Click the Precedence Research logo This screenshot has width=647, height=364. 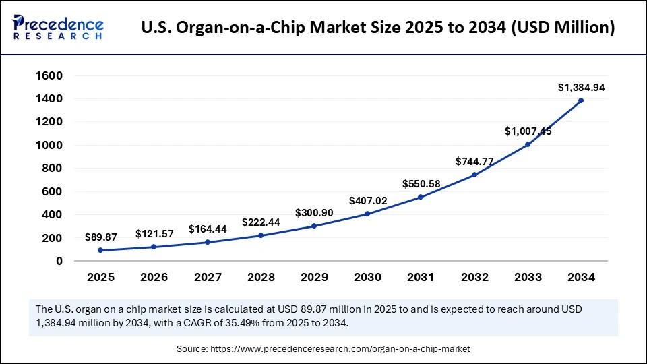57,28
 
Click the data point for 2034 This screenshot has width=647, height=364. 581,100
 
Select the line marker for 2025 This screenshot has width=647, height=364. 100,250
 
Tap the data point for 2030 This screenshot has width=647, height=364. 367,214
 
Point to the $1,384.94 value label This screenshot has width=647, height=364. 581,88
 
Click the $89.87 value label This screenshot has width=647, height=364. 100,237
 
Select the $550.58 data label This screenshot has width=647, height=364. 421,183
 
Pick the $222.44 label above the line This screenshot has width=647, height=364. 261,222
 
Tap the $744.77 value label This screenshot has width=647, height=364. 474,161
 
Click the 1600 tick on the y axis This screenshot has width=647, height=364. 49,75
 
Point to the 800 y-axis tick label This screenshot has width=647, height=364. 53,169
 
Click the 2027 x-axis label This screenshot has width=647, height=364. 207,277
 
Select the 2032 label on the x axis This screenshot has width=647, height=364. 474,277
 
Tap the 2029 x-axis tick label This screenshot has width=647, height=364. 314,277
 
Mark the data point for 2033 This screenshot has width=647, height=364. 528,144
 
